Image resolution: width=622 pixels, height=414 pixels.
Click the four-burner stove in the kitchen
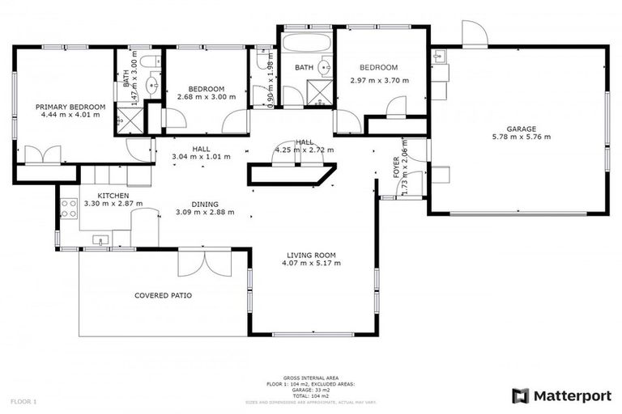[69, 209]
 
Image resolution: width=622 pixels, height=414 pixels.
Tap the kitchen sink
[100, 240]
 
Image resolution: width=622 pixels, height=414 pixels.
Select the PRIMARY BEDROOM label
[70, 107]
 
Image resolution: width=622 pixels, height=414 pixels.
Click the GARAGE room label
[521, 129]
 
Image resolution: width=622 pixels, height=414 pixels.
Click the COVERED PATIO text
[163, 295]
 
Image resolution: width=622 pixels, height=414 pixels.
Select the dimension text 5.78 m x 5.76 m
[521, 137]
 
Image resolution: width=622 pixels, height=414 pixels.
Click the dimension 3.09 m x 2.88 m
[205, 213]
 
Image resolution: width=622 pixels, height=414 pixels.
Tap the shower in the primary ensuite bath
[128, 121]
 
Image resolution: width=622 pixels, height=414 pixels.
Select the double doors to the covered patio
[206, 262]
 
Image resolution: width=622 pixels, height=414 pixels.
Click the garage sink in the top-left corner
[440, 56]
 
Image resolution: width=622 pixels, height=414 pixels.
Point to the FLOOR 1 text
[23, 401]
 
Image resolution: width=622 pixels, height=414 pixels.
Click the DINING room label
[205, 205]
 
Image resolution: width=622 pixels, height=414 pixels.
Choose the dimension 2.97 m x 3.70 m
[380, 81]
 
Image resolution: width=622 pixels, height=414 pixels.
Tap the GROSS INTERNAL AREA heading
[310, 378]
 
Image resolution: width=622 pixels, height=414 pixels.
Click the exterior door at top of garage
[475, 34]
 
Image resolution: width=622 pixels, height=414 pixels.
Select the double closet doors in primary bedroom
[42, 154]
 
